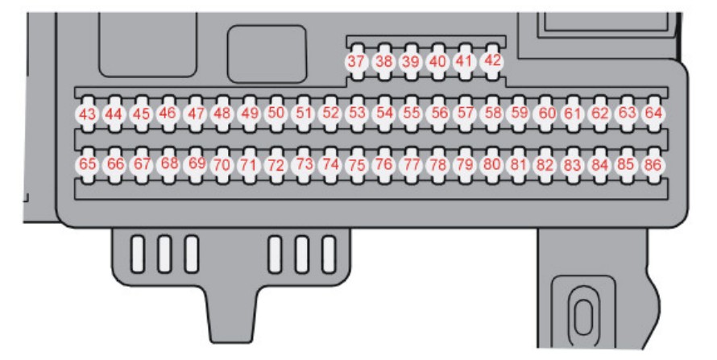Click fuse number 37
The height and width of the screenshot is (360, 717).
[x=357, y=62]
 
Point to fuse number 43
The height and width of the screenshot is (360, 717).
[x=87, y=114]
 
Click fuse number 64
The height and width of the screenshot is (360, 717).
[x=653, y=114]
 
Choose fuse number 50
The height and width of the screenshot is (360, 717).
[x=276, y=114]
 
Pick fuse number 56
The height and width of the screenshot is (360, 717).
[x=438, y=114]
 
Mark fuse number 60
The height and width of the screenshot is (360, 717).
[x=546, y=114]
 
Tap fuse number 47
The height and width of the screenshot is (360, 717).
[x=195, y=114]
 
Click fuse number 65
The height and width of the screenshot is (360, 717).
[x=87, y=165]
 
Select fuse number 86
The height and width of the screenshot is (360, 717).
[x=653, y=165]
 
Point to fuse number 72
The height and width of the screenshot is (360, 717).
[x=276, y=165]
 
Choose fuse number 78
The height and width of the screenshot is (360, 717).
[x=438, y=165]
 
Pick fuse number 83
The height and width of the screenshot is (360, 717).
[x=573, y=165]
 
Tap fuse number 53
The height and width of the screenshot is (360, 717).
[x=357, y=114]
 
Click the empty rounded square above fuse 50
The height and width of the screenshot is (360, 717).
[x=267, y=55]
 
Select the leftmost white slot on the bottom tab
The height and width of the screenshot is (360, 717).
[x=138, y=254]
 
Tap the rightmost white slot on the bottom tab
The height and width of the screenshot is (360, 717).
[x=329, y=254]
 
